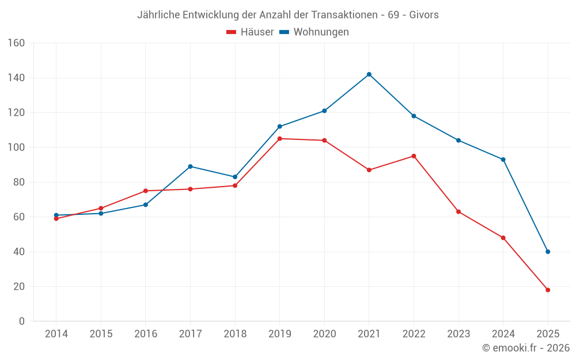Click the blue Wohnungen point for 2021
coord(369,74)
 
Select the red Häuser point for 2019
coord(280,139)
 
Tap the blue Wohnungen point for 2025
coord(548,252)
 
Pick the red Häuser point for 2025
coord(548,290)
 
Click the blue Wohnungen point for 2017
coord(190,166)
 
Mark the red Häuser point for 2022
coord(414,156)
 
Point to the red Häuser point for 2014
coord(56,219)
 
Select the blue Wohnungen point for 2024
coord(503,160)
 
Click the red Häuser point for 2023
coord(458,212)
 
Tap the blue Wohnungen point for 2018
coord(235,177)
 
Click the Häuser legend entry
coord(250,32)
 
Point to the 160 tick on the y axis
coord(16,43)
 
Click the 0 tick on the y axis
coord(21,321)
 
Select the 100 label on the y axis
coord(16,147)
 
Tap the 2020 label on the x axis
coord(324,334)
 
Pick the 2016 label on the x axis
coord(146,334)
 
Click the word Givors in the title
coord(424,15)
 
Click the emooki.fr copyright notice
coord(526,348)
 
